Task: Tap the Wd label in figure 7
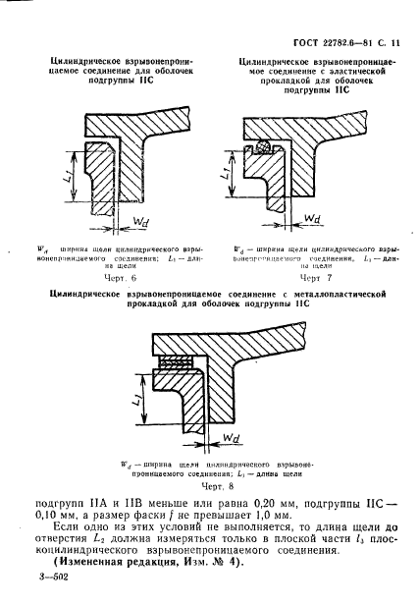coord(312,219)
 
